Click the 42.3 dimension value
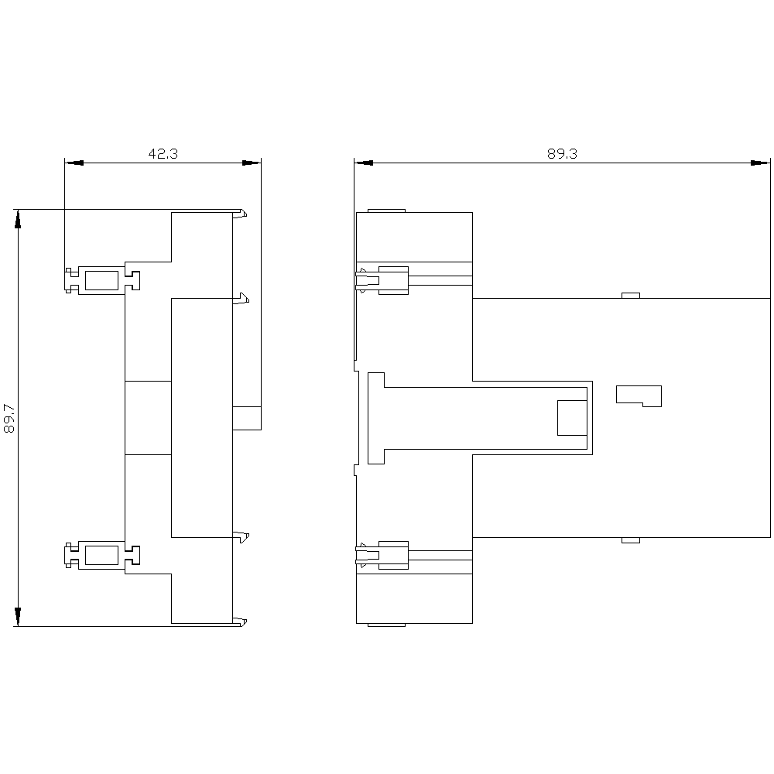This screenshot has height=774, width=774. click(163, 153)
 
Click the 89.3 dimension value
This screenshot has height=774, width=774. click(562, 153)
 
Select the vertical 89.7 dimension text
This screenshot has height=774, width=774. click(9, 419)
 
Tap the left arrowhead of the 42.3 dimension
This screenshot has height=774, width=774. click(74, 163)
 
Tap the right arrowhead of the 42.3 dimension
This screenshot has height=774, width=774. click(252, 163)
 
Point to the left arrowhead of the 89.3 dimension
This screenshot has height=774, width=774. click(364, 163)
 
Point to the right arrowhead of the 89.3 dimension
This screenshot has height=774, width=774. click(760, 163)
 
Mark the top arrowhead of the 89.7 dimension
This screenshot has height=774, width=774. click(19, 219)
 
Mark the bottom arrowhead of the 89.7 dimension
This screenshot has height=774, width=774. click(19, 617)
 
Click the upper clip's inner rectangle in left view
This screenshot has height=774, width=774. click(101, 280)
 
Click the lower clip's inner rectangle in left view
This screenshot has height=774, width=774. click(101, 555)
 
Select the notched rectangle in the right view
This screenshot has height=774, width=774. click(639, 396)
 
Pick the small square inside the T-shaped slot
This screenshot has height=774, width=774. click(572, 418)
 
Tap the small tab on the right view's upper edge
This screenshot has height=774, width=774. click(630, 295)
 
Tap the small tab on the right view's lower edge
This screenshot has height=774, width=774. click(630, 540)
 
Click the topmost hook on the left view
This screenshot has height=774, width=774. click(240, 214)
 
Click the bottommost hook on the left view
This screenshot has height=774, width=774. click(240, 622)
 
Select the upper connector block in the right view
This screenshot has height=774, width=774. click(393, 280)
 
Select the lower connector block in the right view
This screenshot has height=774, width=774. click(393, 555)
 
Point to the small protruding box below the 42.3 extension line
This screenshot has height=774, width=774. click(247, 418)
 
